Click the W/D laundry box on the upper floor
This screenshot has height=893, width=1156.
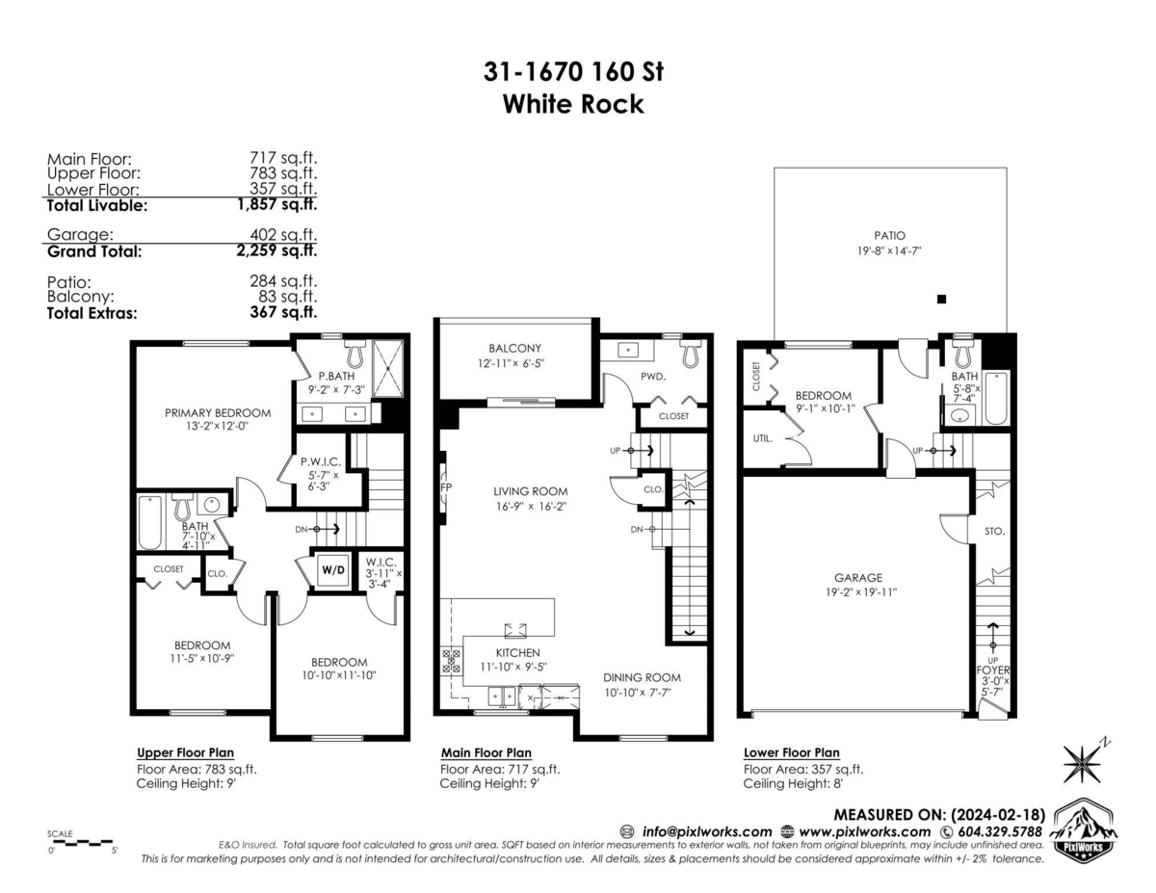tap(333, 570)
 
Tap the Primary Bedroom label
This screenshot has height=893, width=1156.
tap(218, 412)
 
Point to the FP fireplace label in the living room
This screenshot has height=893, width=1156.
tap(446, 487)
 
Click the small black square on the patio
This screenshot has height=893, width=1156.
tap(941, 299)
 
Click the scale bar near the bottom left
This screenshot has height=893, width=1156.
tap(81, 843)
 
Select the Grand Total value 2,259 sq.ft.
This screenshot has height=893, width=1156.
tap(276, 250)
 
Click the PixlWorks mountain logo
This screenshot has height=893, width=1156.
tap(1084, 830)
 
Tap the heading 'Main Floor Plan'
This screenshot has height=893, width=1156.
tap(486, 752)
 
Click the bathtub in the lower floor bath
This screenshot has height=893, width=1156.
tap(996, 399)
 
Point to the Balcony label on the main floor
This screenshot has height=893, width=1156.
tap(514, 349)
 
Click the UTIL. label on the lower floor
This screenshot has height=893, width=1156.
tap(762, 438)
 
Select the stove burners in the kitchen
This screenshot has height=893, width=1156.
tap(451, 661)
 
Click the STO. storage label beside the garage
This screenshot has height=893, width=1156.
tap(994, 531)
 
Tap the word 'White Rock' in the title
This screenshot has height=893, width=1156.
tap(573, 104)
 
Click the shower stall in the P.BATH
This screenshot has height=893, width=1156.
tap(388, 369)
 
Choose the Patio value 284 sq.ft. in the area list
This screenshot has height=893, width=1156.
tap(283, 281)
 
